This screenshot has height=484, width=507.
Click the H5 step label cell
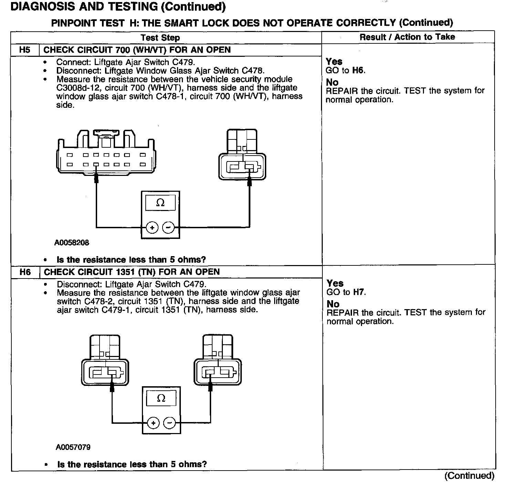pos(25,50)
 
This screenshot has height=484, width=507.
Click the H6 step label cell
pos(25,272)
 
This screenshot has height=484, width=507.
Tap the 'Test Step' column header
pos(160,38)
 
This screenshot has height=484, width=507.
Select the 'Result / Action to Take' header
pos(407,37)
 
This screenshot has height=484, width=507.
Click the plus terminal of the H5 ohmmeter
pos(152,228)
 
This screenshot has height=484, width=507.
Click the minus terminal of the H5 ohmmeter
pos(168,228)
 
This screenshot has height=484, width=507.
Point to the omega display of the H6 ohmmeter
pos(161,398)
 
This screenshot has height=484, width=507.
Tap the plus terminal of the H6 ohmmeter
pos(153,423)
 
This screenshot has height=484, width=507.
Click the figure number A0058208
pos(72,243)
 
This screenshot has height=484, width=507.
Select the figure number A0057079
pos(73,447)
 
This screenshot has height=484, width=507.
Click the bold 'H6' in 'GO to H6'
pos(358,71)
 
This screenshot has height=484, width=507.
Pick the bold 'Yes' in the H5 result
pos(334,62)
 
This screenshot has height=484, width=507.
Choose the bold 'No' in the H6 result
pos(333,304)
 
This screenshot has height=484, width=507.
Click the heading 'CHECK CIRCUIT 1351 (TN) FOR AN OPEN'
pos(132,272)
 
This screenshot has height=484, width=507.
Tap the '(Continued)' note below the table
pos(469,476)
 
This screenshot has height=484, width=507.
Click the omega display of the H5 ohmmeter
pos(160,203)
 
